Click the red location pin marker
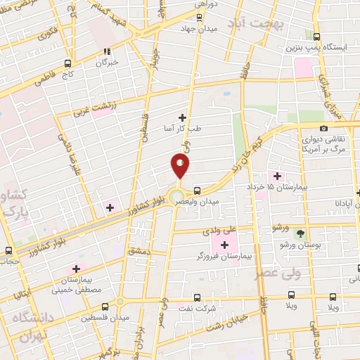coord(181,165)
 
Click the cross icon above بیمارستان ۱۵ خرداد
coord(276,176)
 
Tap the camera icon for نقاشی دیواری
coord(323,128)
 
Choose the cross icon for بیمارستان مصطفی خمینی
coord(76,269)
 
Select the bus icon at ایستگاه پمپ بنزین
coord(317,37)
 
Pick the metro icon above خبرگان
coord(108,51)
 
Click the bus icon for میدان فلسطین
coord(105,307)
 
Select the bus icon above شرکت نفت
coord(197,297)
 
